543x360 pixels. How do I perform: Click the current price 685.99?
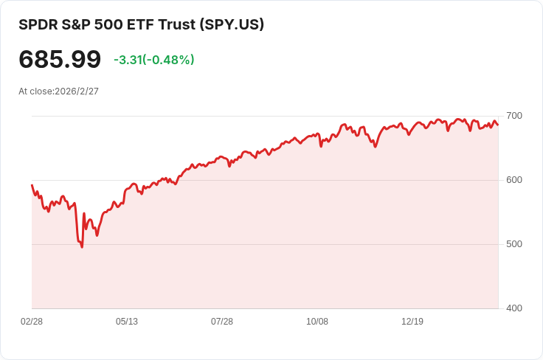tap(60, 59)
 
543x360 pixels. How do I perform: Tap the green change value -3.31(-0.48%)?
tap(153, 60)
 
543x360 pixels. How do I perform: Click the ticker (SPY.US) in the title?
tap(232, 24)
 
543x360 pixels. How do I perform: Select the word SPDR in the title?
tap(38, 24)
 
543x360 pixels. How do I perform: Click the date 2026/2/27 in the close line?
tap(77, 91)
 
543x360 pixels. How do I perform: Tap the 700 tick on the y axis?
tap(514, 116)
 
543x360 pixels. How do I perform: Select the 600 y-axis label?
tap(514, 180)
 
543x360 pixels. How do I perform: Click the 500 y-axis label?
tap(514, 244)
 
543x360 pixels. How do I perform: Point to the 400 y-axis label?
tap(514, 308)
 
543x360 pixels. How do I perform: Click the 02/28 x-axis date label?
tap(32, 322)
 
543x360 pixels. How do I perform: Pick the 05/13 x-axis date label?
tap(127, 322)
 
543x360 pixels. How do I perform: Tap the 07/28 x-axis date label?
tap(222, 322)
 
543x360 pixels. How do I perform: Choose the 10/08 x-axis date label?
tap(317, 322)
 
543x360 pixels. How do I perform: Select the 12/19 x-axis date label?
tap(412, 322)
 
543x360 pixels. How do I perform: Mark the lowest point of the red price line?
tap(82, 247)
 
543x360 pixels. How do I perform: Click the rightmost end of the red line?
tap(498, 125)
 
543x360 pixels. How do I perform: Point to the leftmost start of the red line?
tap(32, 185)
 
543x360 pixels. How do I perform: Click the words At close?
tap(35, 91)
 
